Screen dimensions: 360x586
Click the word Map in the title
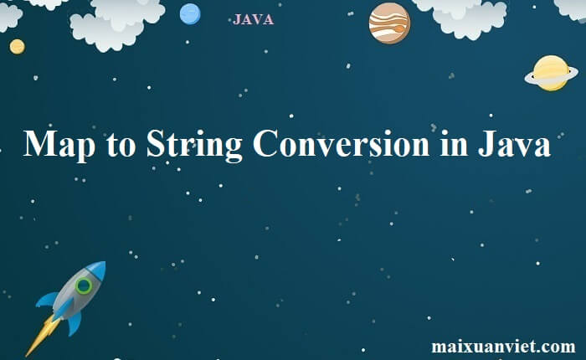tap(59, 145)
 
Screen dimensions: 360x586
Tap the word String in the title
tap(194, 145)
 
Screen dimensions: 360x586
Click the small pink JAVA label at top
tap(253, 19)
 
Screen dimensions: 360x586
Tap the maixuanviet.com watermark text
tap(503, 345)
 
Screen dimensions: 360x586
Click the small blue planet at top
tap(190, 14)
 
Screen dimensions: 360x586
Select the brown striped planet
tap(389, 23)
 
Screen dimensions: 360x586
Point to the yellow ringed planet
tap(551, 73)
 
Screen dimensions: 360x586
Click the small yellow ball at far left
tap(18, 47)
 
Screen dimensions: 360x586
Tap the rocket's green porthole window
tap(83, 286)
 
